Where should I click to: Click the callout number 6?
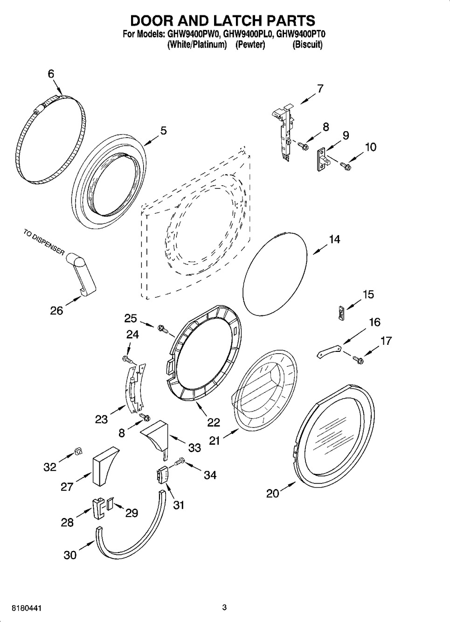tap(51, 74)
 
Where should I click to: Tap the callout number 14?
tap(334, 239)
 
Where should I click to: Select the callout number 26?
tap(56, 311)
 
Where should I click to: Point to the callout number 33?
tap(194, 447)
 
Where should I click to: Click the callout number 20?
tap(273, 493)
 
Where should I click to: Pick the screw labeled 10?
tap(346, 166)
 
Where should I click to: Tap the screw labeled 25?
tap(163, 328)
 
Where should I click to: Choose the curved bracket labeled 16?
tap(329, 351)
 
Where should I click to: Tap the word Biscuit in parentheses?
tap(308, 44)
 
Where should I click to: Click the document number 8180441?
tap(27, 607)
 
